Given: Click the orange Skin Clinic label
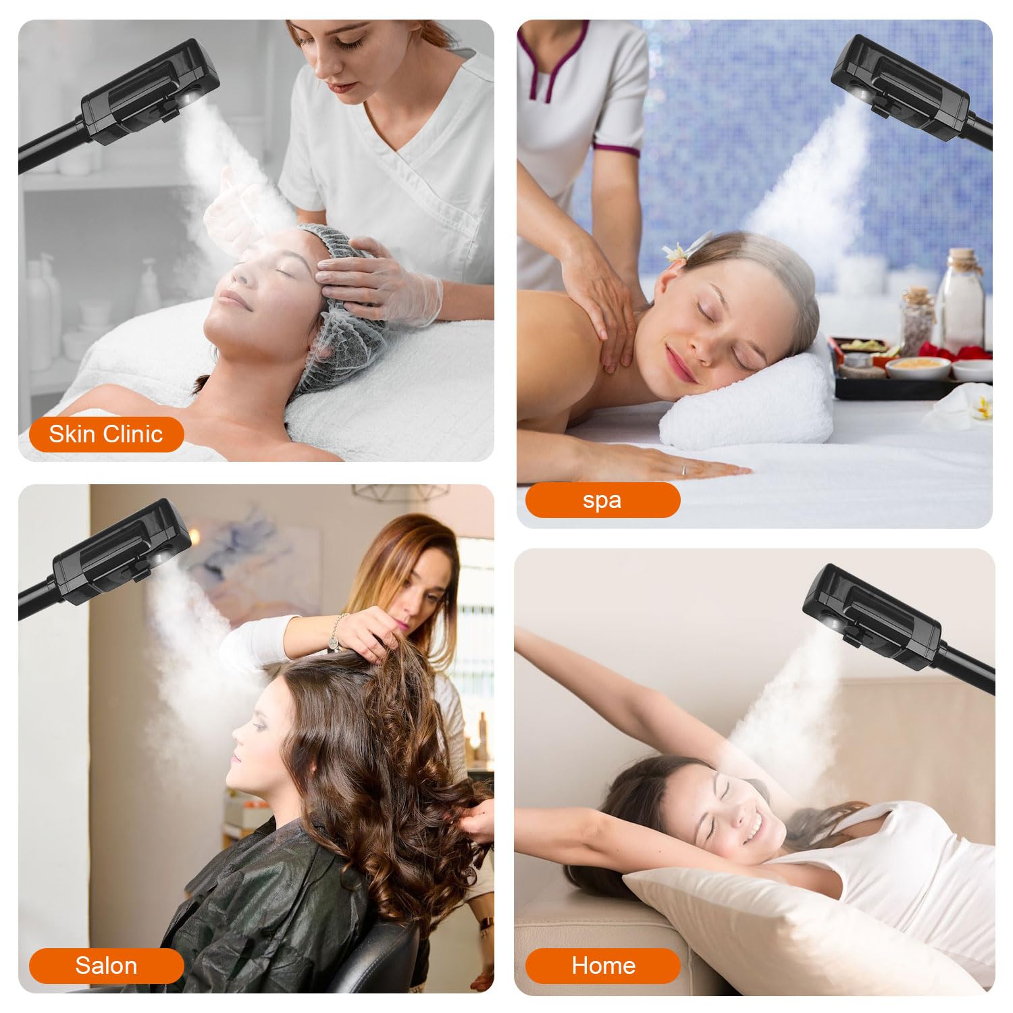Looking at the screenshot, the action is [106, 434].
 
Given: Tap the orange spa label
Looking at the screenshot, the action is [602, 500].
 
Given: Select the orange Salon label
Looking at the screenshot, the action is [106, 966].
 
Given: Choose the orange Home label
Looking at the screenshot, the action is [602, 966].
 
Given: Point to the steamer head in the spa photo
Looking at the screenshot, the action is [902, 88].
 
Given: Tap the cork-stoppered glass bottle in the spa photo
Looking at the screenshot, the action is [963, 297].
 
